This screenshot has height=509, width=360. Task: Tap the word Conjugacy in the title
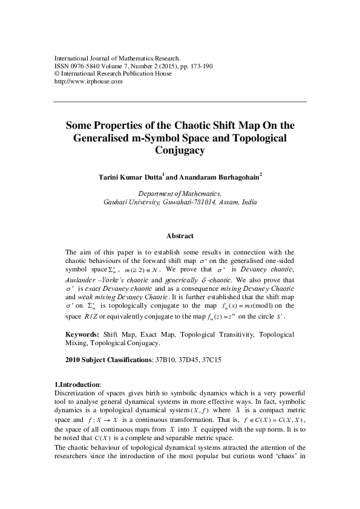[x=180, y=152]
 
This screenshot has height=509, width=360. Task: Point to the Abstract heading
[x=180, y=236]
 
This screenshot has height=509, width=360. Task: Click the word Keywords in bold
[x=82, y=334]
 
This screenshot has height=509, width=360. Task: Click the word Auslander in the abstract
[x=83, y=279]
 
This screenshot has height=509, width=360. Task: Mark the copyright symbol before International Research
[x=57, y=74]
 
